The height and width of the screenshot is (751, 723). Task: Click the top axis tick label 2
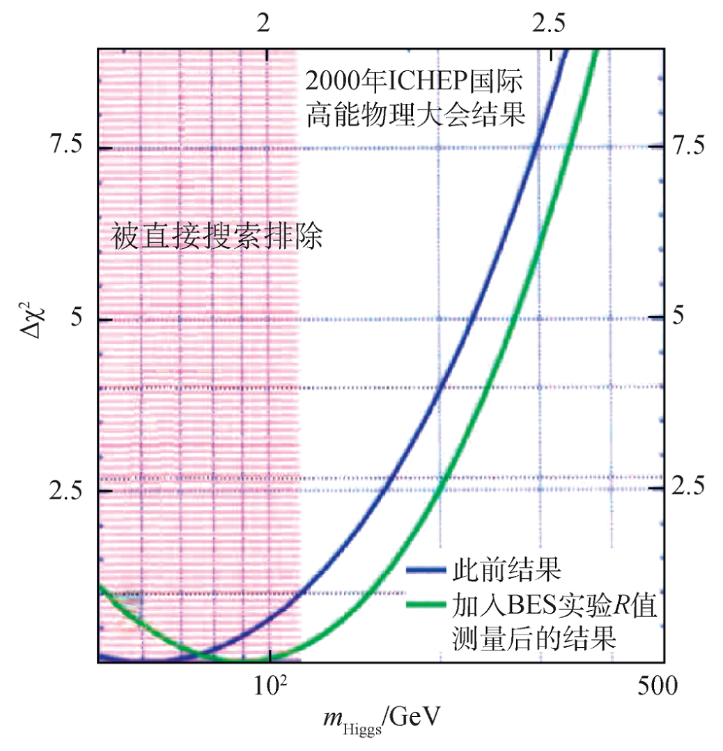coord(263,24)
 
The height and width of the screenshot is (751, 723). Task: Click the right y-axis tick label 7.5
coord(690,147)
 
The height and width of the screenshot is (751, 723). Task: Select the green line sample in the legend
coord(425,604)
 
